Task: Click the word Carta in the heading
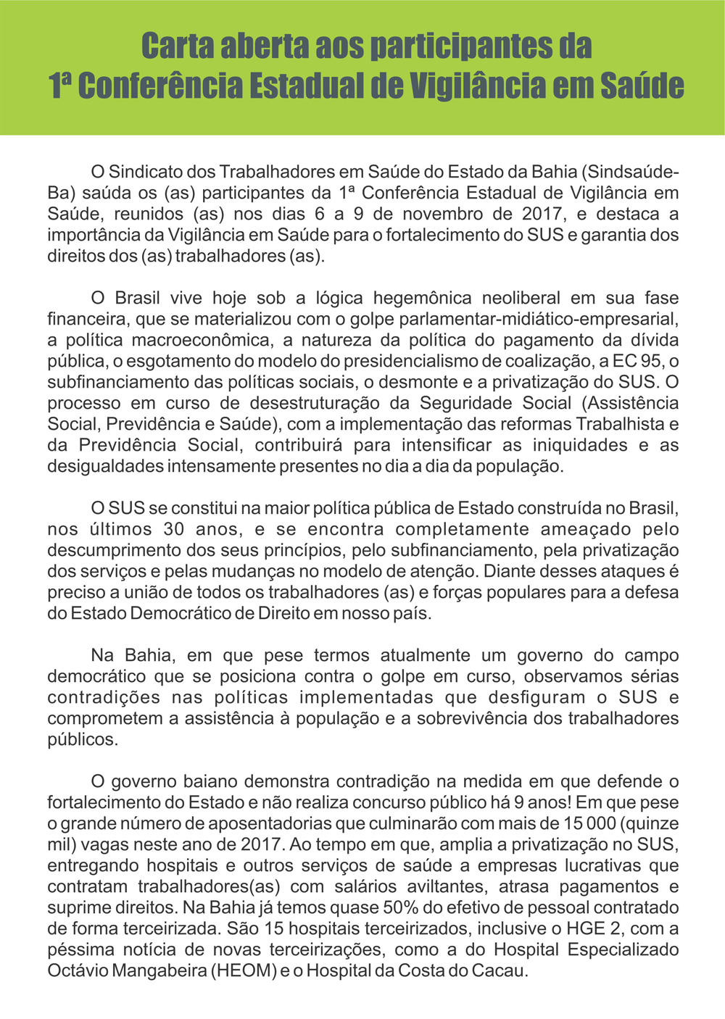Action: click(177, 46)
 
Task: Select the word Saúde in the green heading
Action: click(642, 86)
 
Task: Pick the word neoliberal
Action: click(521, 298)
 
